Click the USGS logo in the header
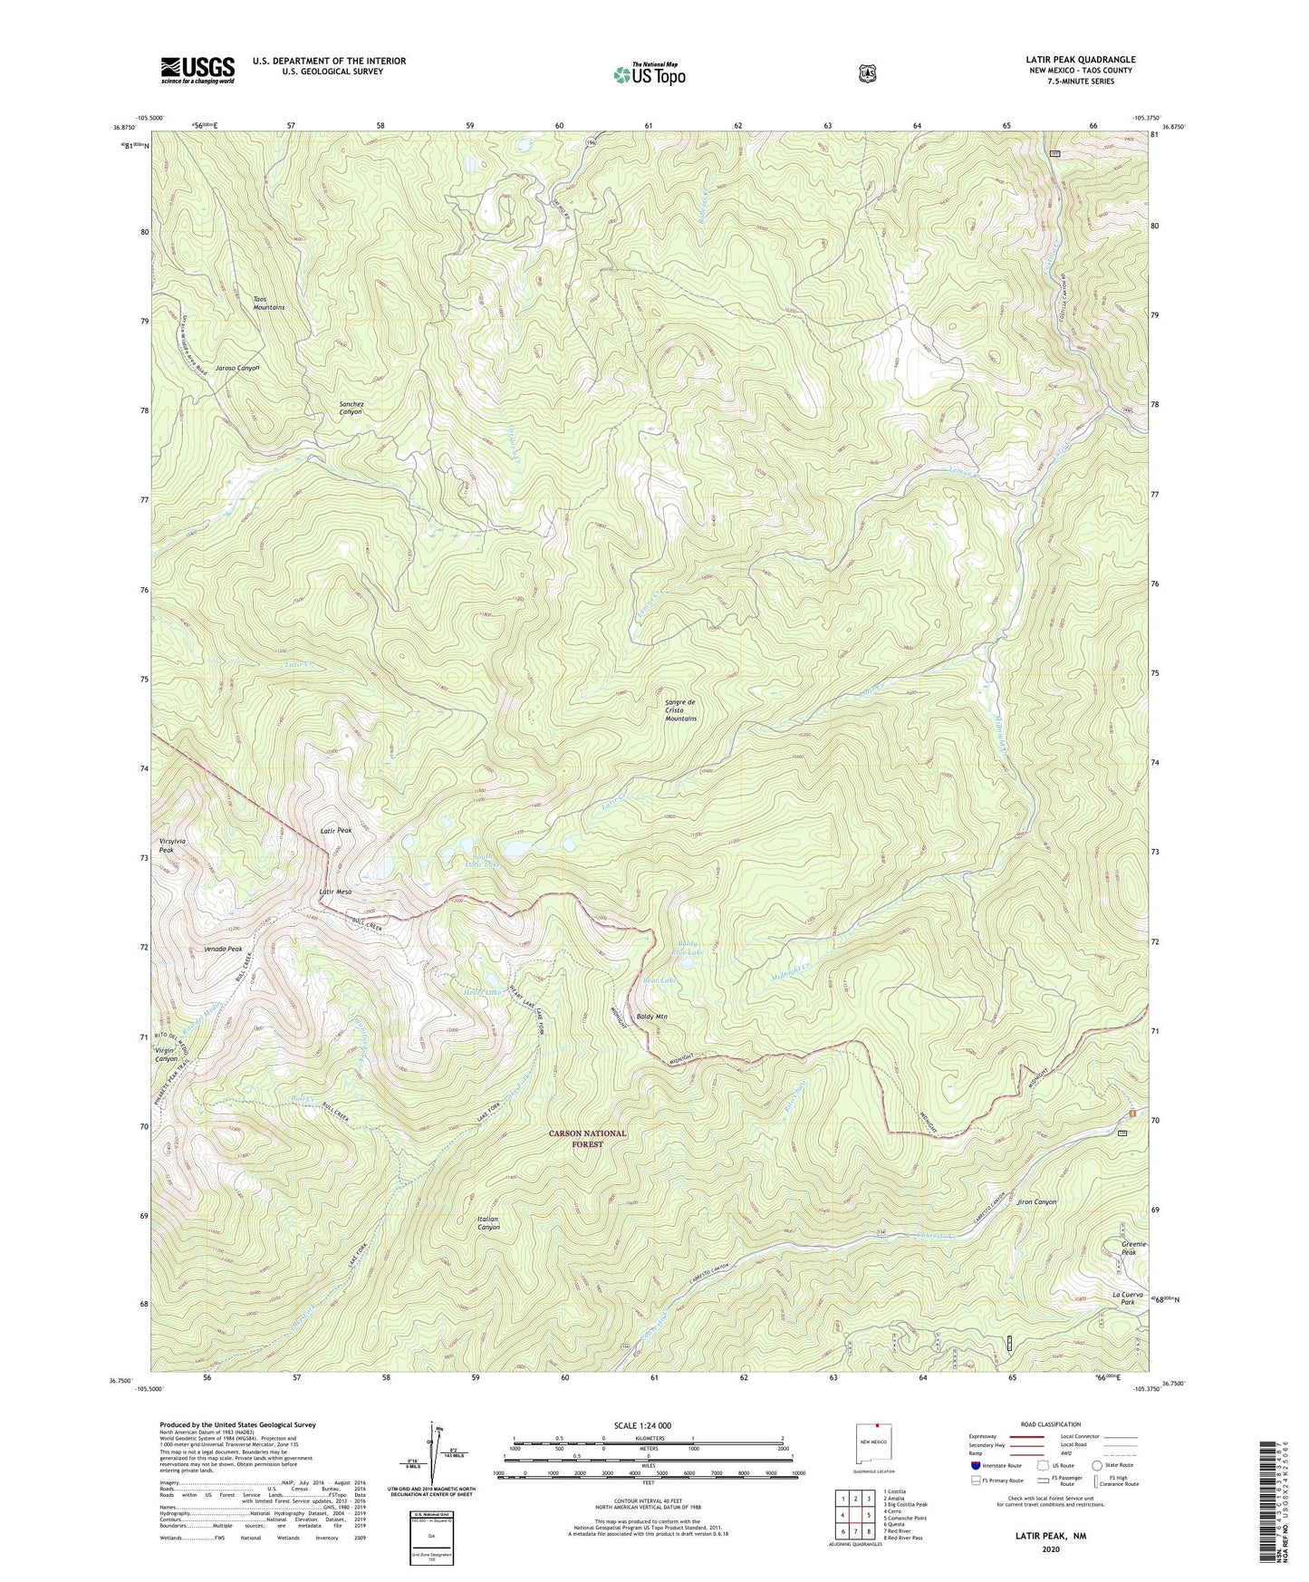click(197, 70)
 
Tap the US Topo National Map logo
click(649, 74)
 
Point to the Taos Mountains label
click(268, 303)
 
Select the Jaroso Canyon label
click(238, 368)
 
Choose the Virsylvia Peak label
click(172, 845)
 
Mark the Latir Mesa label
click(335, 892)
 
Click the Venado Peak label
click(222, 949)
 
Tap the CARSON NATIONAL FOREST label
click(586, 1138)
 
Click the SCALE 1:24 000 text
click(642, 1425)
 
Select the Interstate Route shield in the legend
click(975, 1464)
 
